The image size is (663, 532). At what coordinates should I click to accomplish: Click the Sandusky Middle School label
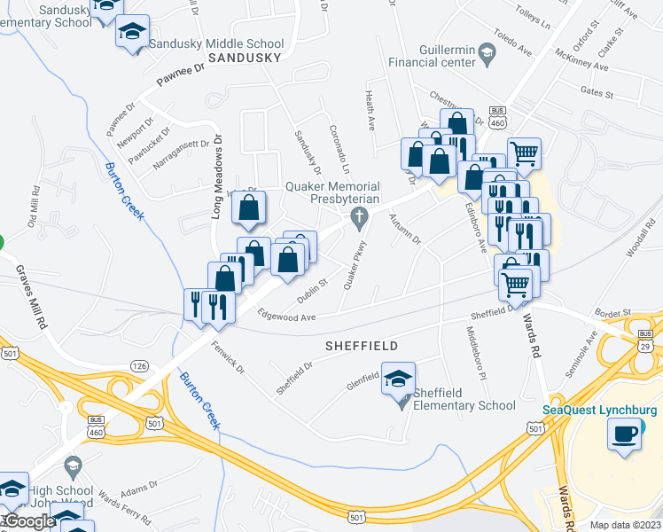(x=216, y=43)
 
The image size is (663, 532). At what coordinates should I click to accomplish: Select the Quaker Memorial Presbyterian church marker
(x=359, y=216)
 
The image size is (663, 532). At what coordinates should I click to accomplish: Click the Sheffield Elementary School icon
(x=398, y=379)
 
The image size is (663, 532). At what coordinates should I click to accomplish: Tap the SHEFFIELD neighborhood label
(x=361, y=345)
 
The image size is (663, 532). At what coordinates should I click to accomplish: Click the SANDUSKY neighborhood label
(x=245, y=58)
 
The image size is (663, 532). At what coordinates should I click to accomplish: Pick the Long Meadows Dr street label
(x=216, y=178)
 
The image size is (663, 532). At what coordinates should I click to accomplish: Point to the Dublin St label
(x=313, y=288)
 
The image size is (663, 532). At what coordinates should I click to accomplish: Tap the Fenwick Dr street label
(x=227, y=356)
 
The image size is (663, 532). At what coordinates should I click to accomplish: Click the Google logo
(x=29, y=521)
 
